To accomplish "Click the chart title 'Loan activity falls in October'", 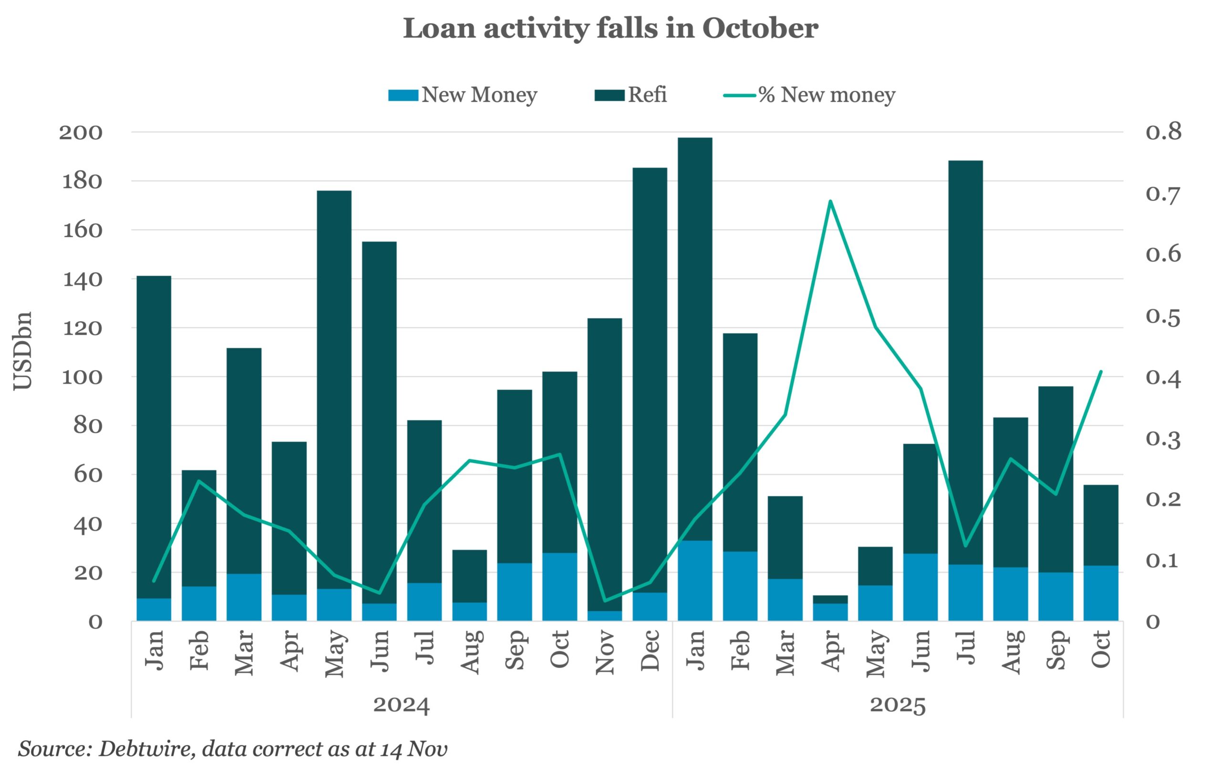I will [610, 29].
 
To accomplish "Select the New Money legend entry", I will [463, 95].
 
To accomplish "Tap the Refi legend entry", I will [631, 95].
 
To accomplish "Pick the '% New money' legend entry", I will [809, 95].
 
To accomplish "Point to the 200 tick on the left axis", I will [81, 133].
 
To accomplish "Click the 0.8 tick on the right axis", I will [1163, 132].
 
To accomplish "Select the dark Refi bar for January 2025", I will [694, 335].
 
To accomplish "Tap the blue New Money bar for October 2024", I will [559, 587].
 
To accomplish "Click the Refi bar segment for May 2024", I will [334, 385].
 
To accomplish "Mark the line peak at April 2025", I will [830, 201].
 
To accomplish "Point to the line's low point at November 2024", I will [604, 601].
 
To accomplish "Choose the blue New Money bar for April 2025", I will [830, 612].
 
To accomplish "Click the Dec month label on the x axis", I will [650, 650].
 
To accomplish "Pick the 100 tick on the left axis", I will [82, 377].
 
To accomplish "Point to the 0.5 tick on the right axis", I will [1163, 317].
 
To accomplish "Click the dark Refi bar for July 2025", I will [965, 360].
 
